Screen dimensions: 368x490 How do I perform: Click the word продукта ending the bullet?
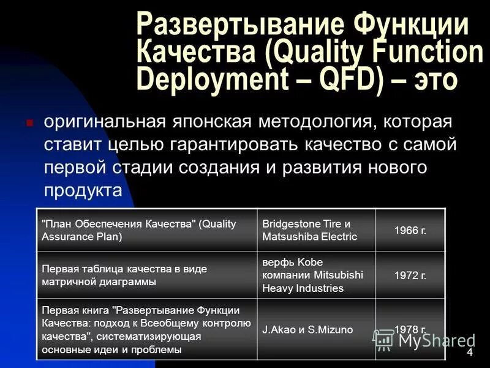[83, 191]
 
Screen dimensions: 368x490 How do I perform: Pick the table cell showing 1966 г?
[410, 231]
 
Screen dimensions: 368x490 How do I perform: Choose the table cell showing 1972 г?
[410, 275]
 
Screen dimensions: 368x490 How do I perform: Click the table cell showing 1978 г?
[410, 329]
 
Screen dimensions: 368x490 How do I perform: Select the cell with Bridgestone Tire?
[316, 231]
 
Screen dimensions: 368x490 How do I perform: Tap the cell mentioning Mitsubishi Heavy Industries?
[316, 275]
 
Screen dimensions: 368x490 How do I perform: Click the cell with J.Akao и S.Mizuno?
[316, 329]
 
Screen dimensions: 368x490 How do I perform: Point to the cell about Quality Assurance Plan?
[146, 231]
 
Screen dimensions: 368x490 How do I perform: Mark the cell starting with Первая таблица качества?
[146, 275]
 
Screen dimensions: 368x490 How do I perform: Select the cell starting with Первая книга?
[146, 329]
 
